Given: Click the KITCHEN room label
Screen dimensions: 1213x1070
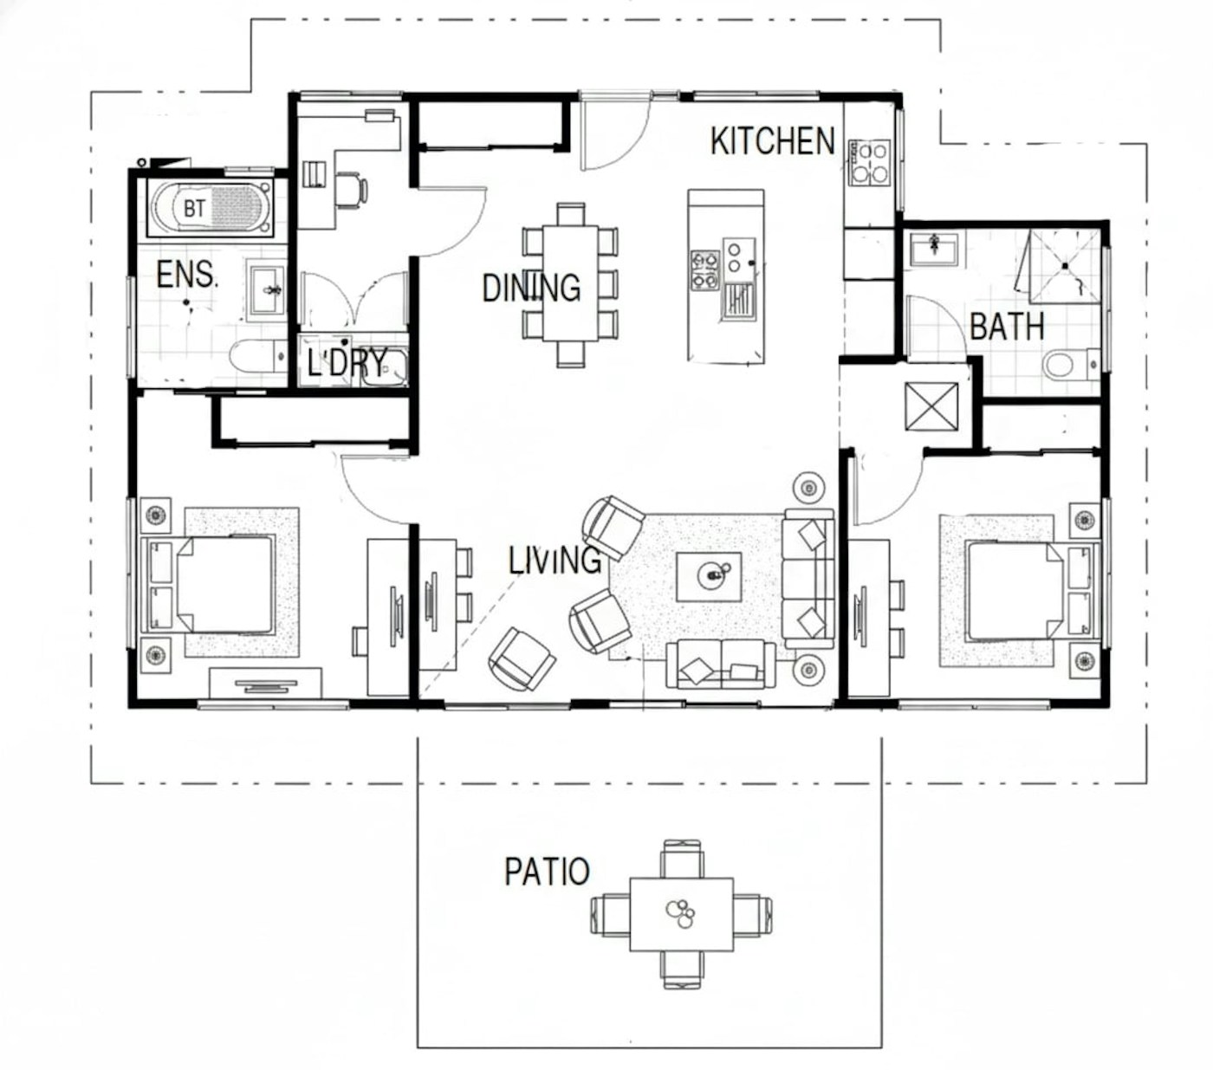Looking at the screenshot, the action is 772,141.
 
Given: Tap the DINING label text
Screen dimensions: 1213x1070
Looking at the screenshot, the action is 531,288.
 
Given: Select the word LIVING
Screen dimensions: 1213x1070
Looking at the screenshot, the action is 555,561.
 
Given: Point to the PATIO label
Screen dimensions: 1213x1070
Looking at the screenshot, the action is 548,872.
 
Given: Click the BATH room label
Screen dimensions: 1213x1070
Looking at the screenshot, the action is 1007,327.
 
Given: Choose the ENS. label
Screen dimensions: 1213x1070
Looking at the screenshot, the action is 187,275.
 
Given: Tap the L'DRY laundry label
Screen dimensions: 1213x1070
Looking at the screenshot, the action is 347,362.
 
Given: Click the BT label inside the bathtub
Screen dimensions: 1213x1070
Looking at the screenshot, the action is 195,209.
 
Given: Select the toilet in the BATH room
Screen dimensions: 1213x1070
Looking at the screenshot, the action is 1071,365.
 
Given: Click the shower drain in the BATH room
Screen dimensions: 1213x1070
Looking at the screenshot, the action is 1065,265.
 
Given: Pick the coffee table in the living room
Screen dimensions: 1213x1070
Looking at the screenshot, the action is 709,577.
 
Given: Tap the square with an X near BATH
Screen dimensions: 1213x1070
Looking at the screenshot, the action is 931,407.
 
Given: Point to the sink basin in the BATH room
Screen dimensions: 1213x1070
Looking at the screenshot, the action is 934,249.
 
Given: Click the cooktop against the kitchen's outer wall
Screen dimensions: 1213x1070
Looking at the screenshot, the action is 869,163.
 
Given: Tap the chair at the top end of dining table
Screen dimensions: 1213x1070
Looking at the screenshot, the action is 571,214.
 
